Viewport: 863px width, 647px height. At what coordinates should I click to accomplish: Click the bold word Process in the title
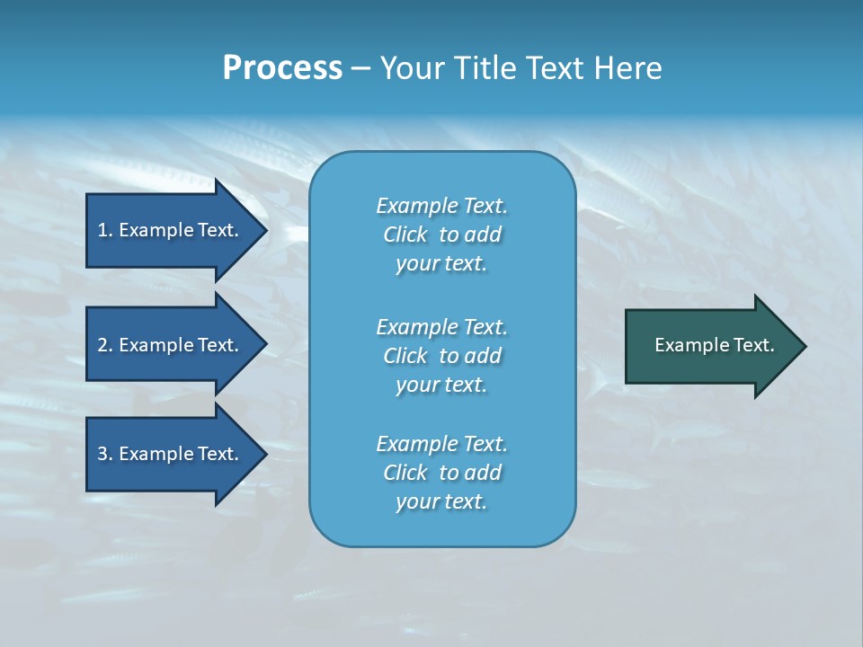click(282, 68)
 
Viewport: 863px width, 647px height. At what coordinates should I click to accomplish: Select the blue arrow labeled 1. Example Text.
click(171, 230)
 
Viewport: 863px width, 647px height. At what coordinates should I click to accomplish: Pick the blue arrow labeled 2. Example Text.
click(171, 345)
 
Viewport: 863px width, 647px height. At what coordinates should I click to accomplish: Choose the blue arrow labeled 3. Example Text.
click(171, 454)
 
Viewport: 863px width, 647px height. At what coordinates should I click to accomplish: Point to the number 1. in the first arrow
click(105, 230)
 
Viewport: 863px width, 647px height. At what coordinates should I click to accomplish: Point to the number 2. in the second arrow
click(105, 345)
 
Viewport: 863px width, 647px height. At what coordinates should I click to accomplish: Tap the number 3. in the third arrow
click(105, 454)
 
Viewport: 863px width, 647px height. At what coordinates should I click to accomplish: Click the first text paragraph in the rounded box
click(441, 235)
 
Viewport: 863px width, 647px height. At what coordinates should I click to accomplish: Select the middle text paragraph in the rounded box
click(441, 356)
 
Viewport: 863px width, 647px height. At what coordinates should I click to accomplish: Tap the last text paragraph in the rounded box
click(441, 473)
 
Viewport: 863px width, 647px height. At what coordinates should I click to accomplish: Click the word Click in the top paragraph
click(405, 235)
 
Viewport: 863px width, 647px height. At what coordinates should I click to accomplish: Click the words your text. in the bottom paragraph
click(441, 501)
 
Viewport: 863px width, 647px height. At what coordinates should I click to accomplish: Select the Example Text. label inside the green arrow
click(714, 345)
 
